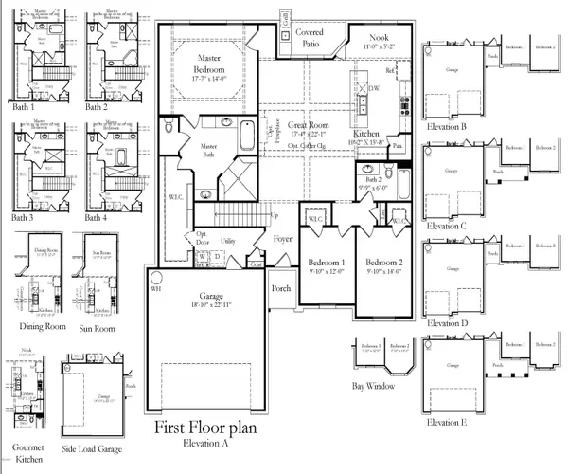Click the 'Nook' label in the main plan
[x=379, y=37]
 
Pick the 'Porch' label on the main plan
[x=281, y=289]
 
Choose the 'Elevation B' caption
[x=447, y=126]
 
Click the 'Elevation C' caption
[x=447, y=227]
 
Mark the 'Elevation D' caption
[x=447, y=323]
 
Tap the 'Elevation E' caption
[x=447, y=421]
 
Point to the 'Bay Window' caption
[x=371, y=386]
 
